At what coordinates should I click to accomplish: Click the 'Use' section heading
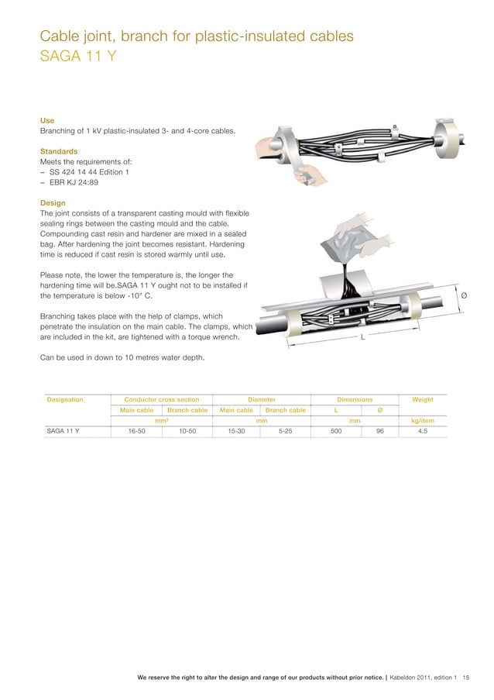[47, 121]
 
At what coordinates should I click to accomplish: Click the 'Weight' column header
[422, 399]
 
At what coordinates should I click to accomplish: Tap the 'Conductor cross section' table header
[162, 399]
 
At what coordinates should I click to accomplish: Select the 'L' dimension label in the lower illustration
[362, 338]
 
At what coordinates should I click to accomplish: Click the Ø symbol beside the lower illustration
[463, 295]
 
